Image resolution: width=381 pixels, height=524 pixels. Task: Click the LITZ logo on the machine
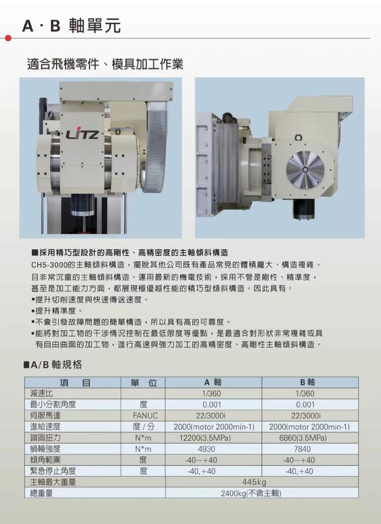(x=82, y=134)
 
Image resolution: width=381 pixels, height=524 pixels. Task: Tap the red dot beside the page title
(x=8, y=38)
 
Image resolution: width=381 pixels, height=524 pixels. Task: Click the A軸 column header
(x=213, y=382)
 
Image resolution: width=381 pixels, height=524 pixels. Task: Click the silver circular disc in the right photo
(x=305, y=169)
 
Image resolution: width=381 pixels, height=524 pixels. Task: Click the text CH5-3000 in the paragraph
(x=50, y=265)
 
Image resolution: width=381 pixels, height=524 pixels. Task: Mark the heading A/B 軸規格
(x=52, y=365)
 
